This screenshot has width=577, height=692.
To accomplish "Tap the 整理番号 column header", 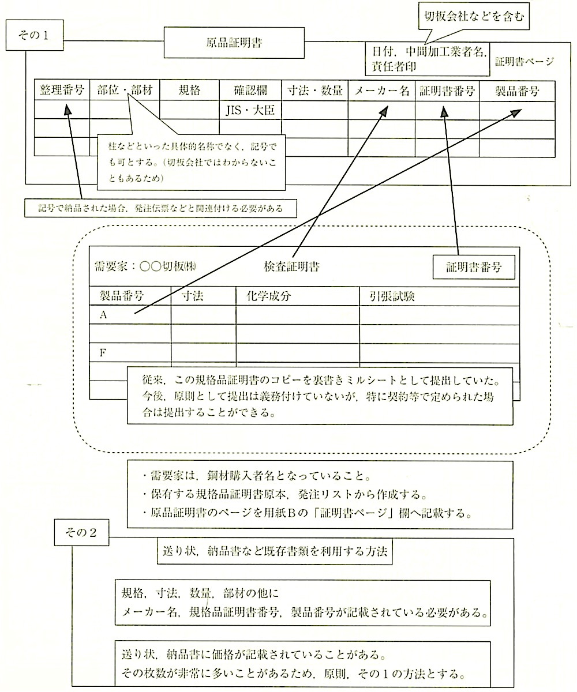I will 62,90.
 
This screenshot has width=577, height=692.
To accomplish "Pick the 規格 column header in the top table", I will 189,90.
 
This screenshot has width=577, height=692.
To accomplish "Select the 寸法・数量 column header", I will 314,90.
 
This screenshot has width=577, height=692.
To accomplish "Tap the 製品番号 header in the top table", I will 516,90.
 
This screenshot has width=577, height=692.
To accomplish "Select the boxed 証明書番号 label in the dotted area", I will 473,266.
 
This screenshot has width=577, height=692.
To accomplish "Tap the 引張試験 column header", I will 392,296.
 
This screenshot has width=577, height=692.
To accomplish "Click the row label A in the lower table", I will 104,315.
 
